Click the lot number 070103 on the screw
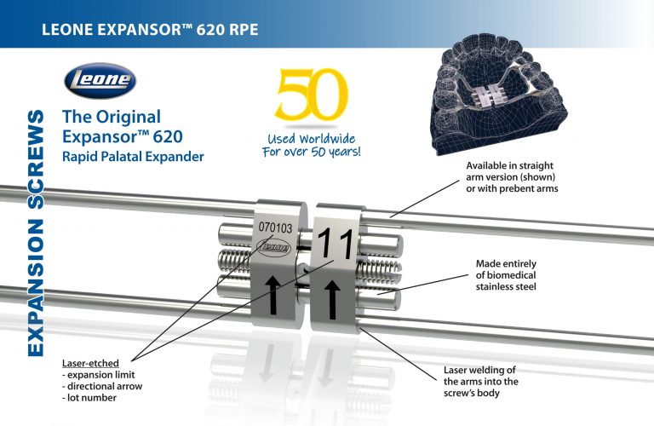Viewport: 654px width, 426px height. click(x=274, y=227)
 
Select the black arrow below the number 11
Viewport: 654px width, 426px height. click(x=333, y=299)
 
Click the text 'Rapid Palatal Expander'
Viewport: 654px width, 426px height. click(x=133, y=157)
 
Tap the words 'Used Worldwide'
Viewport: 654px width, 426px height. click(x=313, y=138)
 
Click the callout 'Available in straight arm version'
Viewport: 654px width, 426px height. click(x=512, y=176)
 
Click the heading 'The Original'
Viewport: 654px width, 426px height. click(x=112, y=116)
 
